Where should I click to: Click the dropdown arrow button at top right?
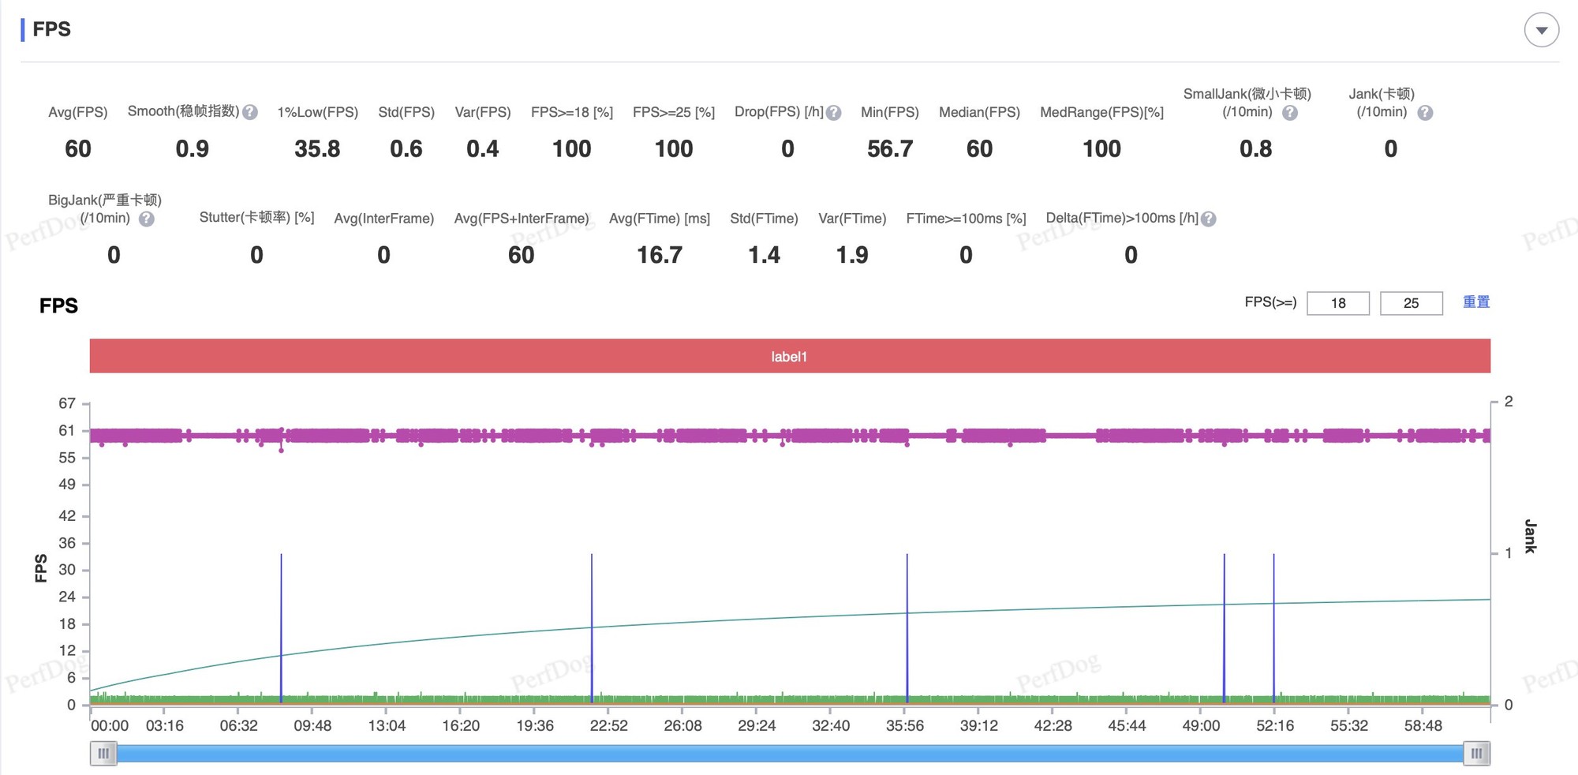click(x=1541, y=30)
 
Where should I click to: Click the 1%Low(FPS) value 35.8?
click(x=317, y=149)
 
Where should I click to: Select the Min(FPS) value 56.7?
click(x=890, y=149)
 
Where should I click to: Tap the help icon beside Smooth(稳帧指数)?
click(x=250, y=112)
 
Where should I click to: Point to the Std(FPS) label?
click(x=406, y=112)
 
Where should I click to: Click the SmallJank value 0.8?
click(x=1255, y=149)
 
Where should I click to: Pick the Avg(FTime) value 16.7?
click(x=660, y=255)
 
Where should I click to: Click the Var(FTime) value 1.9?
click(x=852, y=255)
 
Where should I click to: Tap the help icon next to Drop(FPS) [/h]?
click(x=834, y=113)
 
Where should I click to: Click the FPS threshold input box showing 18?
click(x=1338, y=303)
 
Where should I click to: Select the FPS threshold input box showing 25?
click(x=1411, y=303)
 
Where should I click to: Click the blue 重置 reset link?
click(x=1476, y=302)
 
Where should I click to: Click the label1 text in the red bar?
click(x=789, y=357)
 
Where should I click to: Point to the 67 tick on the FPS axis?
click(x=67, y=403)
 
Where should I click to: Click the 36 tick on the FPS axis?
click(x=67, y=543)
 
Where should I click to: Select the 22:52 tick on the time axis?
click(x=608, y=725)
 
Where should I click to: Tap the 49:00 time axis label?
click(x=1201, y=725)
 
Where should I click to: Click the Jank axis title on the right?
click(x=1530, y=537)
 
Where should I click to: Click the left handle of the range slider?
click(x=103, y=754)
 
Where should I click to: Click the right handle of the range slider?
click(x=1476, y=754)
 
